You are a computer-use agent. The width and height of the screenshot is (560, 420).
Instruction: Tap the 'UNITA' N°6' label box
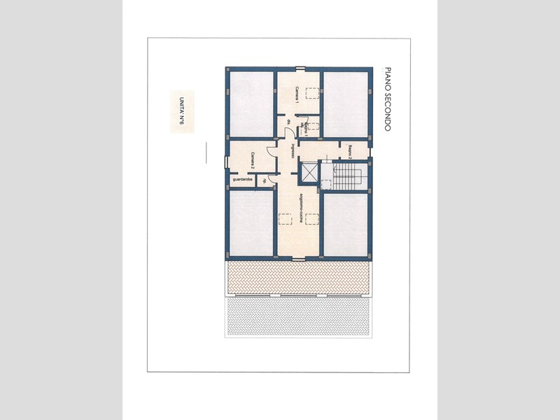tap(181, 111)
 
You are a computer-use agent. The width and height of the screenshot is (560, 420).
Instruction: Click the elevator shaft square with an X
tap(308, 171)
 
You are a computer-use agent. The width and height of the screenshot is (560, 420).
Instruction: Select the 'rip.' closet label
tap(265, 181)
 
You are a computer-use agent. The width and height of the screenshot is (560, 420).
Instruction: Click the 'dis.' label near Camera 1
tap(288, 124)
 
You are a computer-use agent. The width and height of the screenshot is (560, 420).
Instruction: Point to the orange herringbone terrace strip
tap(298, 278)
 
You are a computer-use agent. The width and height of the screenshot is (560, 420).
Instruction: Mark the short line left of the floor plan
tap(206, 153)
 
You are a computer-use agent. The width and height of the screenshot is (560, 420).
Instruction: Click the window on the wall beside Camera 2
tap(226, 162)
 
